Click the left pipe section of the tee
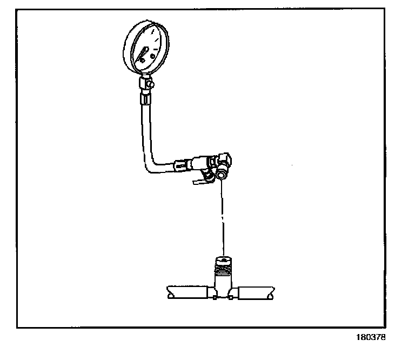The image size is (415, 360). click(189, 292)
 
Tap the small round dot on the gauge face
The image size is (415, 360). click(153, 56)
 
